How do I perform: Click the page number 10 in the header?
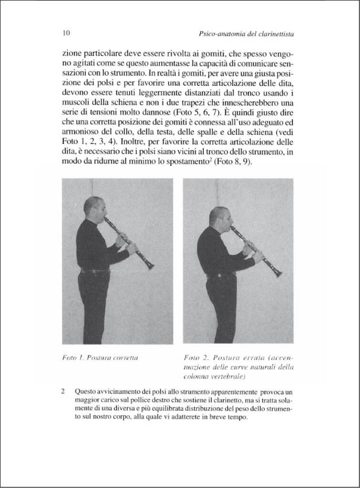click(x=66, y=33)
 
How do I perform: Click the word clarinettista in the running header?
click(x=272, y=34)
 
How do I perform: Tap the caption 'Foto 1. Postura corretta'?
click(x=100, y=357)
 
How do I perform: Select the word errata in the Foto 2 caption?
click(x=257, y=357)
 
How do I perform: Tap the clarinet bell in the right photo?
click(x=277, y=274)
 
